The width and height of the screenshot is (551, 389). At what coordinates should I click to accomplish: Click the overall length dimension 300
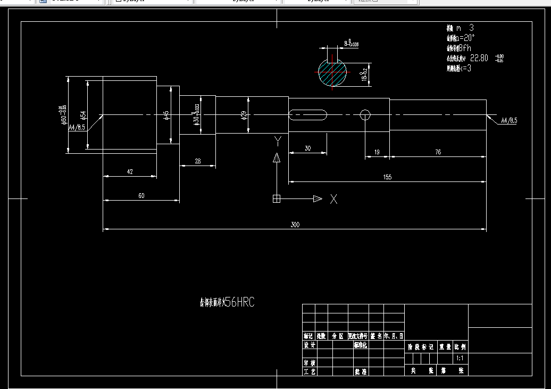coord(295,225)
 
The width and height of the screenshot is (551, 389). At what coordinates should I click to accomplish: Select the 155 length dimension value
coord(387,177)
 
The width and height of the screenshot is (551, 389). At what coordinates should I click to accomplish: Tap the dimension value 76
coord(438,152)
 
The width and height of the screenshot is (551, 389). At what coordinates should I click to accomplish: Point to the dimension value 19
coord(377,152)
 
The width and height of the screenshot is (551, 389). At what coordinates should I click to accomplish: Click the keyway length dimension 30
coord(307,148)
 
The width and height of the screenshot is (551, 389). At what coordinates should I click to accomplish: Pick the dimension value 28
coord(197,161)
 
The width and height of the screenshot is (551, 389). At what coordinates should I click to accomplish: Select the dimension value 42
coord(130,171)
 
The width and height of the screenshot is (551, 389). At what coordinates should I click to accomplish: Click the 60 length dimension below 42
coord(141,196)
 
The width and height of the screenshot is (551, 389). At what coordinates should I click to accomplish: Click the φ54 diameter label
coord(83,115)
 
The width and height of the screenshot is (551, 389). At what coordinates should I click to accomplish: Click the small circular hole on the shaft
coord(365,114)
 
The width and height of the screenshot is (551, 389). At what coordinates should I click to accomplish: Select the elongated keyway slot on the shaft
coord(308,114)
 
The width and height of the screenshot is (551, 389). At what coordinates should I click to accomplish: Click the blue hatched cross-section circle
coord(332,72)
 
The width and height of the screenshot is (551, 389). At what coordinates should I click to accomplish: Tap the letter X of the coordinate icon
coord(333,199)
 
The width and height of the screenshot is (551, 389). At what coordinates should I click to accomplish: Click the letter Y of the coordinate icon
coord(277,140)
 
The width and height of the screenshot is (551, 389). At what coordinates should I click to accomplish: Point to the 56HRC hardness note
coord(239,303)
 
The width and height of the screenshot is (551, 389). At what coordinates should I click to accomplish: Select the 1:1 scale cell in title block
coord(460,359)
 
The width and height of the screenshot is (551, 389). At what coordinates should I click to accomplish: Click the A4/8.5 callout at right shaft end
coord(508,121)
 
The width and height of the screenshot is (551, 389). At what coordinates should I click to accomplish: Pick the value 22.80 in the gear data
coord(479,58)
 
